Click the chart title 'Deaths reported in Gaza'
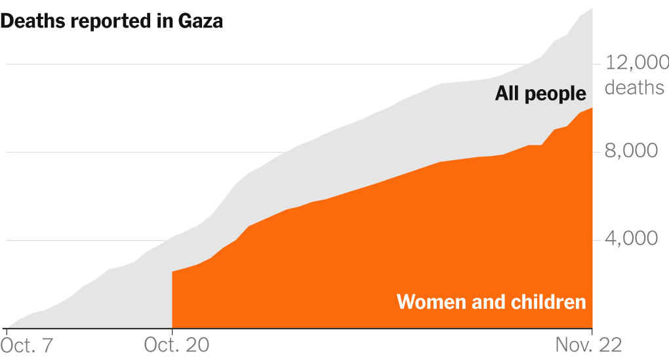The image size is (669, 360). tap(112, 21)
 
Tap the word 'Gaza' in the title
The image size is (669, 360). tap(201, 21)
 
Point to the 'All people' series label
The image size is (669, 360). tap(540, 94)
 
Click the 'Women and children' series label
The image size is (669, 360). tap(491, 302)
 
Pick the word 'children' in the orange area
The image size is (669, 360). tap(546, 302)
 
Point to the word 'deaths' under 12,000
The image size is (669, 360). tap(634, 87)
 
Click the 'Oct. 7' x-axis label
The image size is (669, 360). tap(28, 346)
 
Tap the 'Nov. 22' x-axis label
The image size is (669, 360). tap(588, 346)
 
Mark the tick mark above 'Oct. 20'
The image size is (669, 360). tap(172, 332)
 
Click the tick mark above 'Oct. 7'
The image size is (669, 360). tap(6, 332)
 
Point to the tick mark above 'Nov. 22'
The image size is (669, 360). tap(592, 332)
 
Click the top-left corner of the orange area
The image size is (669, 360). tap(172, 271)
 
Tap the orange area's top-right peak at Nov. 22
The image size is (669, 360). tap(592, 108)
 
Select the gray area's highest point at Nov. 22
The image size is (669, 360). tap(592, 9)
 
